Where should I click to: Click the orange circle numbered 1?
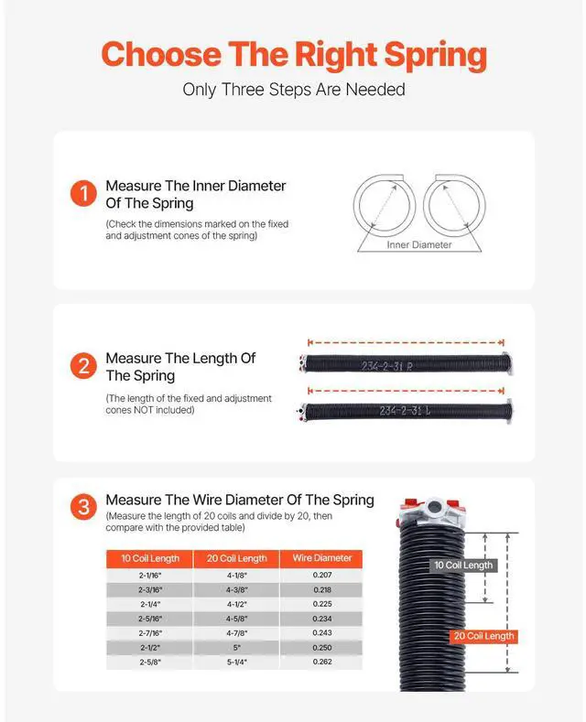(83, 194)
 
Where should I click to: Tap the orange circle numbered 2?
(83, 367)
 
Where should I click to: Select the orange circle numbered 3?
(83, 507)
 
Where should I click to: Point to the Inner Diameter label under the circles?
(419, 244)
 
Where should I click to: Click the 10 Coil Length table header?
(149, 558)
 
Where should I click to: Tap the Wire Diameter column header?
(321, 558)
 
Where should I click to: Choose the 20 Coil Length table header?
(235, 558)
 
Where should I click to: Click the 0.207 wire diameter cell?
(321, 575)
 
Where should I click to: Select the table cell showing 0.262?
(321, 662)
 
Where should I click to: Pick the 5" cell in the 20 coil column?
(235, 647)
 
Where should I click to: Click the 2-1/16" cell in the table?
(149, 575)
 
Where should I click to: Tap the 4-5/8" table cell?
(235, 618)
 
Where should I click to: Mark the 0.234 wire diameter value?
(321, 618)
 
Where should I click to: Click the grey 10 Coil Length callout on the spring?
(462, 566)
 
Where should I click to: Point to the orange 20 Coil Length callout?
(483, 636)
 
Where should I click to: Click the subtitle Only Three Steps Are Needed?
(293, 90)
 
